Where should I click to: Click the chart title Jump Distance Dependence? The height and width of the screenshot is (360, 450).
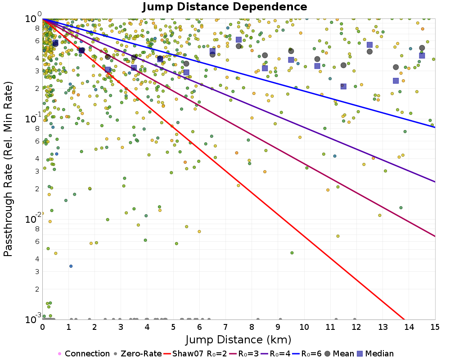click(x=225, y=7)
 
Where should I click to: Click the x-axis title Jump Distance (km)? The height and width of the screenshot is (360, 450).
click(x=238, y=339)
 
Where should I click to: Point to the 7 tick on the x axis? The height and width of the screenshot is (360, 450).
click(x=225, y=326)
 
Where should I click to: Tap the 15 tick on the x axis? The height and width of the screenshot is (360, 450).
click(x=435, y=326)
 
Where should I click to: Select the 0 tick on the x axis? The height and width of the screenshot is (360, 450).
click(x=42, y=326)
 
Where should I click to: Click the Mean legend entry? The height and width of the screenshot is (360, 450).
click(x=340, y=354)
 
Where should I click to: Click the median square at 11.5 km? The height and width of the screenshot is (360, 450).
click(x=343, y=86)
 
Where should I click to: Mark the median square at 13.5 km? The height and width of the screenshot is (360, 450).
click(x=396, y=81)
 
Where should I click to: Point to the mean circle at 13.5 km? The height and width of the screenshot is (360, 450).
click(x=396, y=67)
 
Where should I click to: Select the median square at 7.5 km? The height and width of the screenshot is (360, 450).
click(x=238, y=40)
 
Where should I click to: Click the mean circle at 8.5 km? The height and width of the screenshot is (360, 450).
click(x=265, y=55)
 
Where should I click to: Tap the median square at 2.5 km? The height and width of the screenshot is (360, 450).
click(x=108, y=70)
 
